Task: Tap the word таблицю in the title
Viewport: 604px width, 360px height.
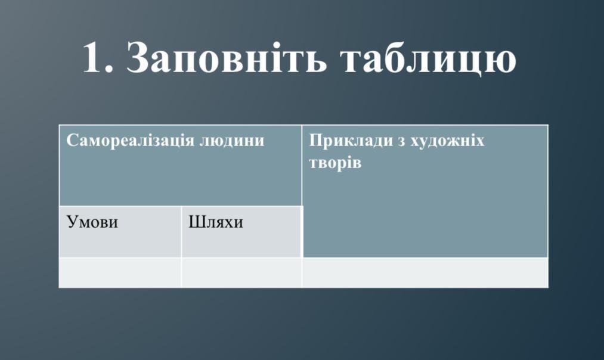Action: [428, 58]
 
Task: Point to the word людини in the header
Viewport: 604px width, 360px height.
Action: [232, 141]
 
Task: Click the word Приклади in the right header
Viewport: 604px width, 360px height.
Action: [352, 141]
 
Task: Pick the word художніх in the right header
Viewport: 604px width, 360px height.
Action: [447, 141]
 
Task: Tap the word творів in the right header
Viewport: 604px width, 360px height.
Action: [335, 163]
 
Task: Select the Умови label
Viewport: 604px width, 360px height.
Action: [92, 222]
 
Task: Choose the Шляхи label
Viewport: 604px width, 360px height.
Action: [216, 222]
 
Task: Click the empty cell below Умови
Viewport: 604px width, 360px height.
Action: [120, 272]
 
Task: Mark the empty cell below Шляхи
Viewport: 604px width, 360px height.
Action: [241, 272]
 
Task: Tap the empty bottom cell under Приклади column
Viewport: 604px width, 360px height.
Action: [425, 272]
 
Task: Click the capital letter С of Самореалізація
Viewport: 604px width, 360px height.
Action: [72, 140]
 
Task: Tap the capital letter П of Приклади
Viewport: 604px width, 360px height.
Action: [316, 141]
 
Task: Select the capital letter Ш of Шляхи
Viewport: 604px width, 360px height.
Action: [196, 222]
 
